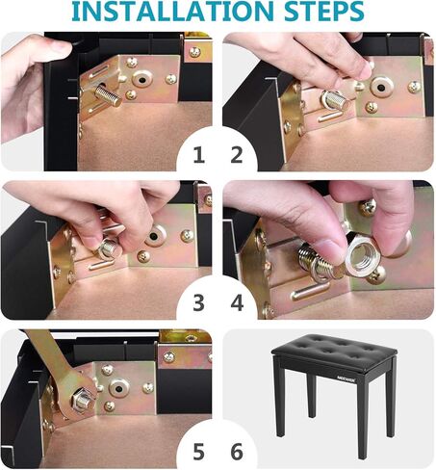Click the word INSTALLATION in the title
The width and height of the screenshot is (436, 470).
[x=173, y=11]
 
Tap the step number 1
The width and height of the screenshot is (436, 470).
[x=199, y=155]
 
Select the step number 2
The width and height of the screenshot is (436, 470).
[x=237, y=155]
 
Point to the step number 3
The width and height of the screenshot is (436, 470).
[x=198, y=303]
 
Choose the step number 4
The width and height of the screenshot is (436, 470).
[x=237, y=303]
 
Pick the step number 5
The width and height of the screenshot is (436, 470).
[x=198, y=452]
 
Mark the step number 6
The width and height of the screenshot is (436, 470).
[x=237, y=452]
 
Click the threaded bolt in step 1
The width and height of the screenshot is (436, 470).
[x=108, y=95]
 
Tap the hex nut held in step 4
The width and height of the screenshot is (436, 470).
[x=364, y=254]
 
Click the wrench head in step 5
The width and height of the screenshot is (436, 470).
[x=78, y=396]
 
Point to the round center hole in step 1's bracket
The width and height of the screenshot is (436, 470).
[x=142, y=79]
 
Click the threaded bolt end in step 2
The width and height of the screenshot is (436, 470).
[x=340, y=100]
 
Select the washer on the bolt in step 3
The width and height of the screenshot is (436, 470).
[x=108, y=250]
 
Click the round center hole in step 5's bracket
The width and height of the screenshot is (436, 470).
[x=119, y=389]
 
